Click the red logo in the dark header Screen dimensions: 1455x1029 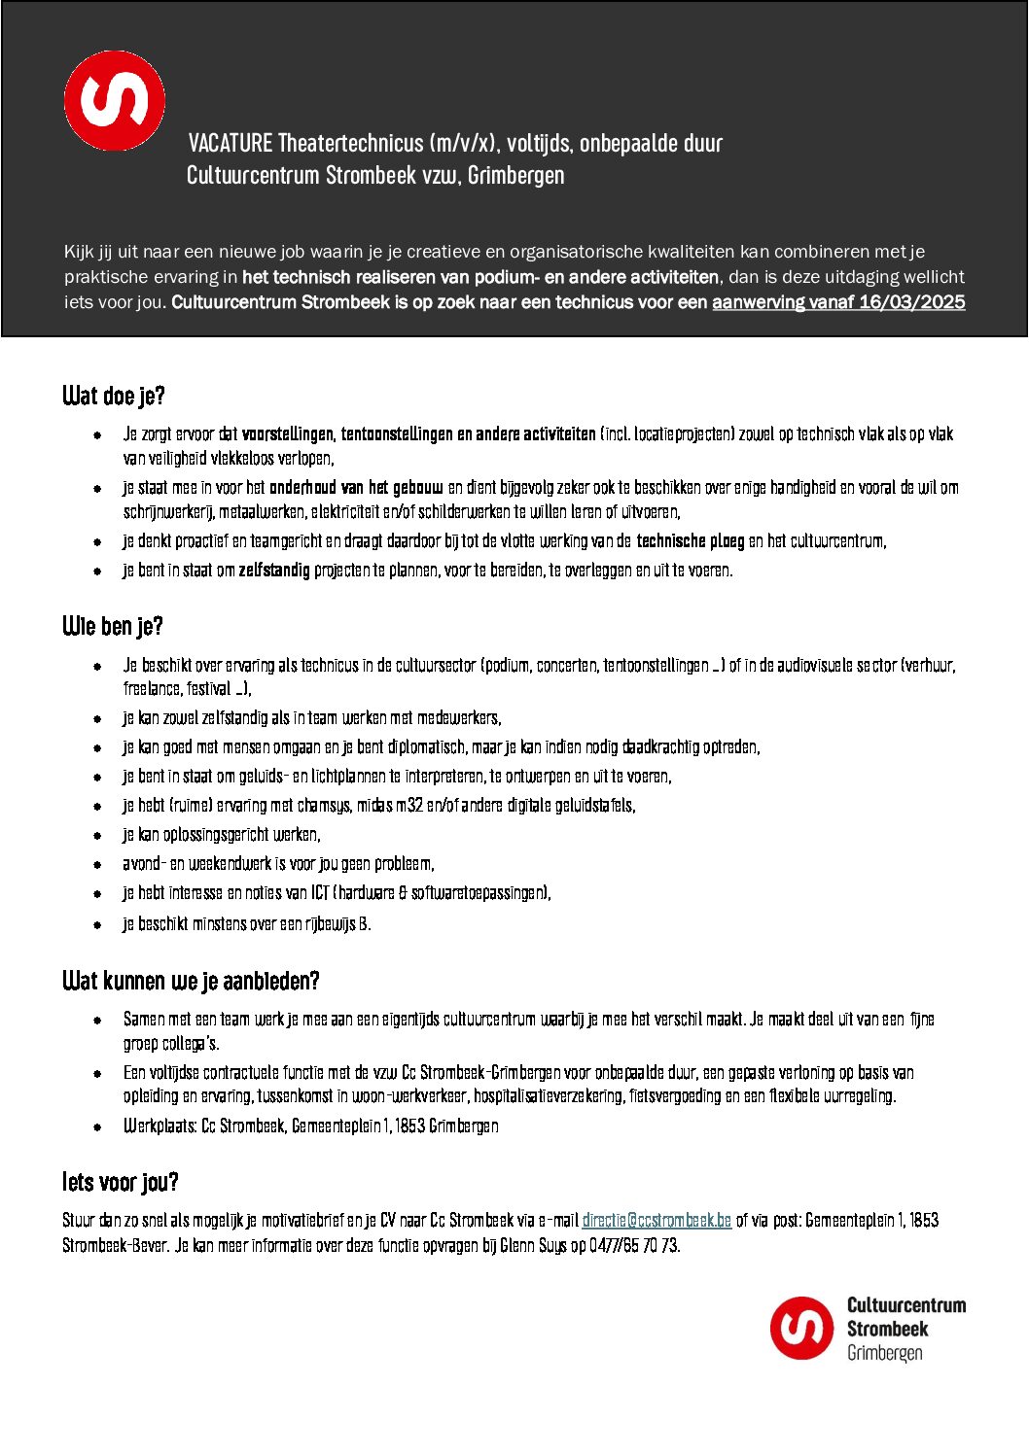tap(115, 100)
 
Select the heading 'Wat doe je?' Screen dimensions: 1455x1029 tap(114, 397)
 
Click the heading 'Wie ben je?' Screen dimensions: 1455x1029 tap(113, 627)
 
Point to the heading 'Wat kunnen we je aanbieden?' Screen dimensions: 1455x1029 tap(191, 981)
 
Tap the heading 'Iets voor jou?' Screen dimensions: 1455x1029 tap(121, 1183)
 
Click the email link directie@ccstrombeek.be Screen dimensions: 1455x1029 tap(656, 1221)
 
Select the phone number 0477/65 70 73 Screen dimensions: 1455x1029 tap(634, 1246)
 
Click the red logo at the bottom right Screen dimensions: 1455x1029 tap(802, 1328)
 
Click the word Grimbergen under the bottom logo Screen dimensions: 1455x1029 tap(884, 1353)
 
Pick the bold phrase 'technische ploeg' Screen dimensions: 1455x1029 tap(691, 541)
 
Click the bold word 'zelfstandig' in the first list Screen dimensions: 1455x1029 tap(274, 571)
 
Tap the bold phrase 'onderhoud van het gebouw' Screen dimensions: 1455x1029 tap(356, 488)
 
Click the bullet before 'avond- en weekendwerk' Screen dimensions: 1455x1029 tap(97, 864)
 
